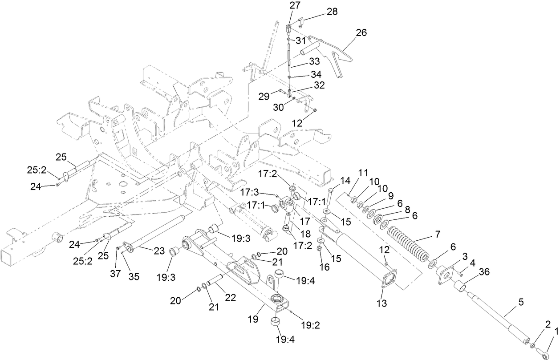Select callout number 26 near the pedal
click(361, 32)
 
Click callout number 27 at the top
click(295, 5)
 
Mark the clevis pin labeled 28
click(300, 20)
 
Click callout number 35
click(134, 276)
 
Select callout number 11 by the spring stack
click(364, 172)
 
